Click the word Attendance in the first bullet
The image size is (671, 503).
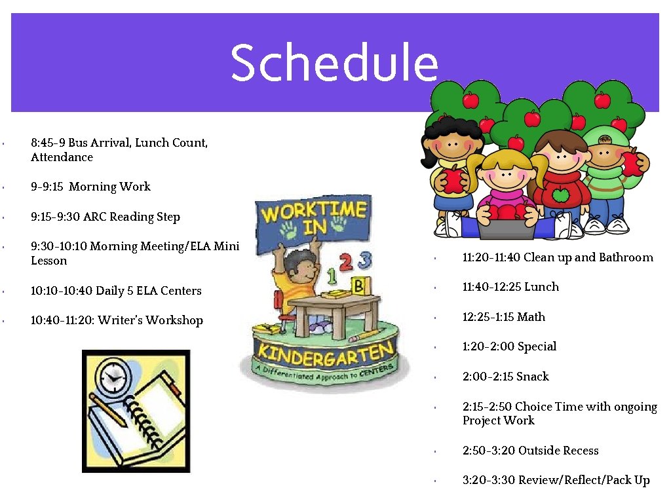pos(62,157)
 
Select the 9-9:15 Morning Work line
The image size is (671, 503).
pos(90,187)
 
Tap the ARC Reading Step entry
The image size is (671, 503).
pos(105,217)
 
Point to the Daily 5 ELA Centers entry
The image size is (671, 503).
pos(116,291)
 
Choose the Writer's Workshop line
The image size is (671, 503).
pos(117,320)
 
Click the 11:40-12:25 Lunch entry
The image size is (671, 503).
pos(510,287)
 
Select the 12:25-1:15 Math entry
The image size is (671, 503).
pos(503,317)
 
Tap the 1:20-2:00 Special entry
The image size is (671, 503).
pos(509,346)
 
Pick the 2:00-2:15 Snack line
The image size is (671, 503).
pos(505,377)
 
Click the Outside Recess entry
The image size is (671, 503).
pos(530,451)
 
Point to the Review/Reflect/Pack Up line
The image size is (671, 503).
pos(556,480)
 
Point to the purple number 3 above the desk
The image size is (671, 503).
pos(365,261)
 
